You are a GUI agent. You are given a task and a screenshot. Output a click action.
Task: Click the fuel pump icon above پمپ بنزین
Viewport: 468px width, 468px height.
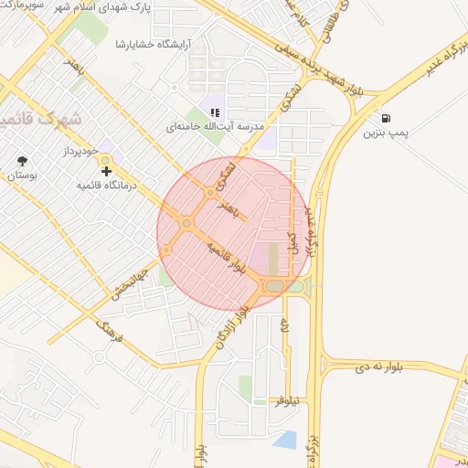coord(388,118)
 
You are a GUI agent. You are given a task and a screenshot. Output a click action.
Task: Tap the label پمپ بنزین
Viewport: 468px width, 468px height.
coord(385,134)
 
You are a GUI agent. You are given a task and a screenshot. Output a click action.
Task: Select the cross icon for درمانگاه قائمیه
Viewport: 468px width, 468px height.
coord(107,171)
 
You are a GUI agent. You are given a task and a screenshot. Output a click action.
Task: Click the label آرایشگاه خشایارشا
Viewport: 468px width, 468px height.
coord(154,44)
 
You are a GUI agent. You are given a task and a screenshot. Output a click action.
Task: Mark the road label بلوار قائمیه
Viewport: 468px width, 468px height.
coord(227,260)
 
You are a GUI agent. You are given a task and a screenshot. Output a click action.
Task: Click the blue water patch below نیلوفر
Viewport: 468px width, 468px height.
coord(285,440)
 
